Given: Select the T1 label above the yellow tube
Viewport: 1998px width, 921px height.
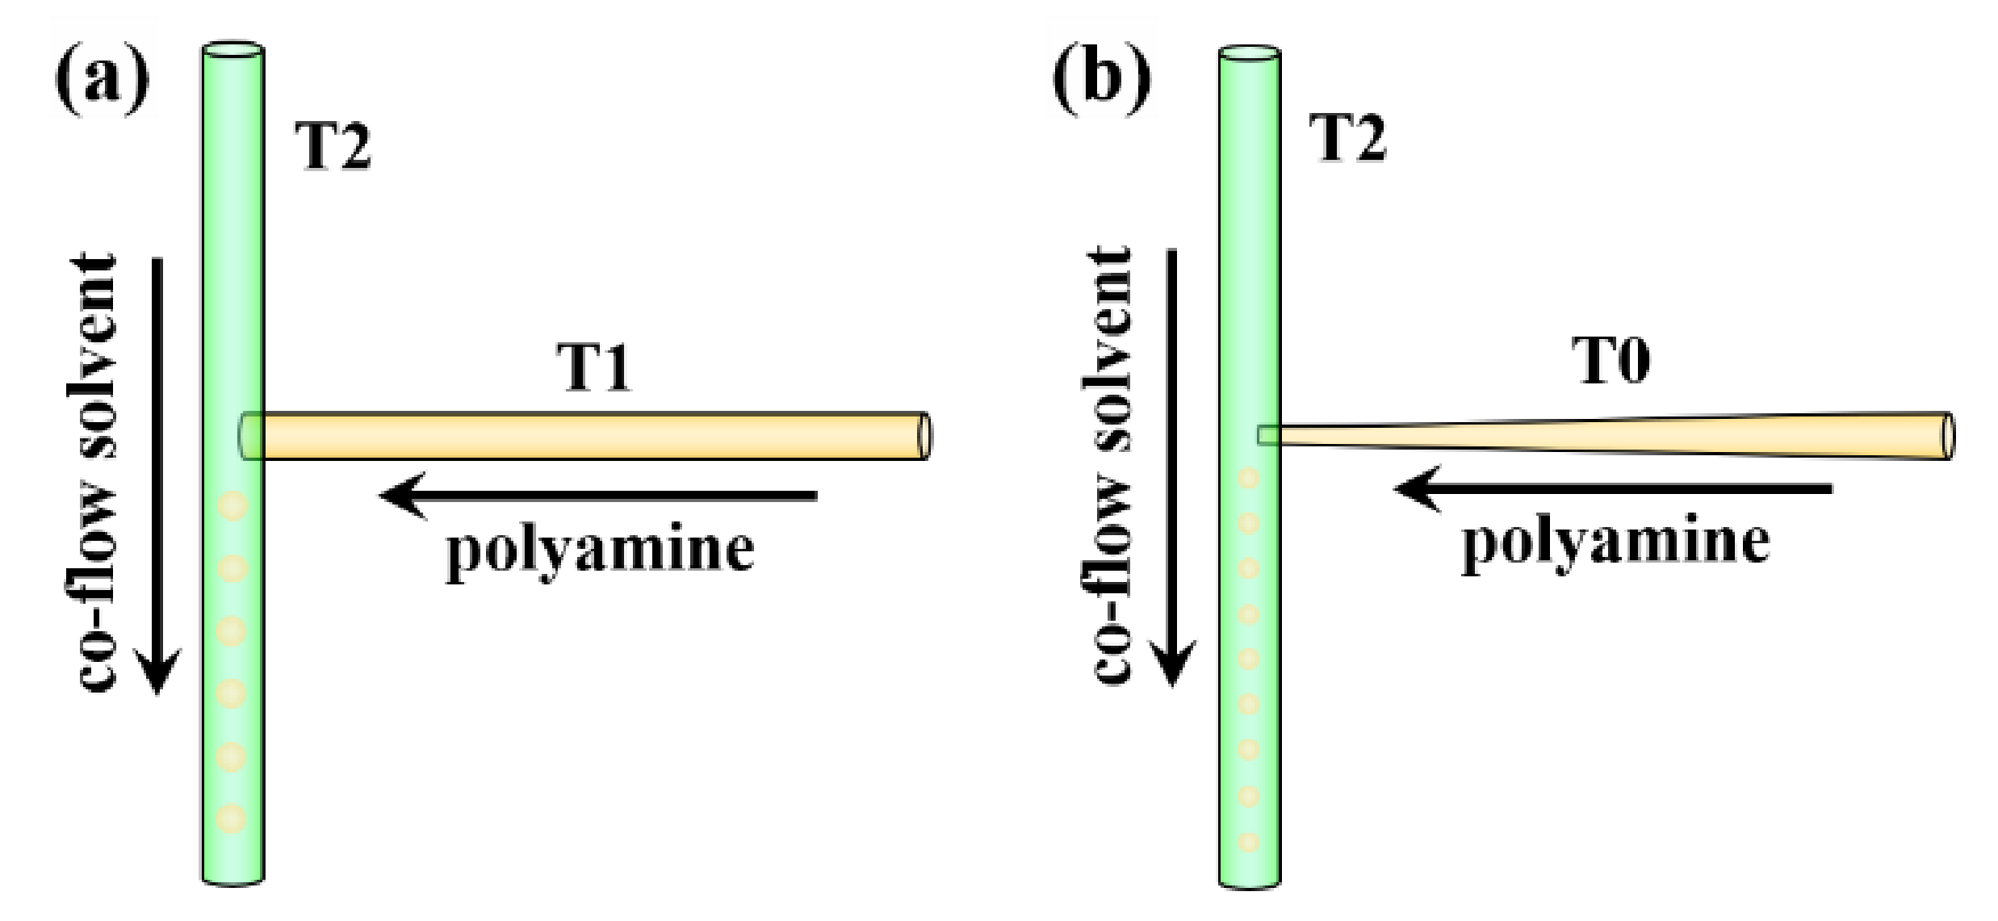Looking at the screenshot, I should click(x=596, y=368).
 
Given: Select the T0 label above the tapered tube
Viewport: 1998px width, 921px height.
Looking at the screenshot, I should click(x=1612, y=362).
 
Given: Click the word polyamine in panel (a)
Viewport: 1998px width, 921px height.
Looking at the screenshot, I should click(x=600, y=551).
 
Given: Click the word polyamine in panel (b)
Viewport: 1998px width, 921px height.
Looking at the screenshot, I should click(x=1616, y=542).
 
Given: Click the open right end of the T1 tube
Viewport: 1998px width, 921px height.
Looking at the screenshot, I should click(x=924, y=436).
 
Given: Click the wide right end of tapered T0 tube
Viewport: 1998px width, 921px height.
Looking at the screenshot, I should click(x=1947, y=436).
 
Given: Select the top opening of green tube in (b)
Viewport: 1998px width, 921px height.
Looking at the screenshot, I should click(x=1249, y=54).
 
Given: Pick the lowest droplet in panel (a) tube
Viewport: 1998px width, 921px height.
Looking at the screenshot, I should click(x=232, y=818).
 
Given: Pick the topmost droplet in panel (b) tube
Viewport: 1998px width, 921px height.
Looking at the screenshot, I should click(x=1249, y=479).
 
